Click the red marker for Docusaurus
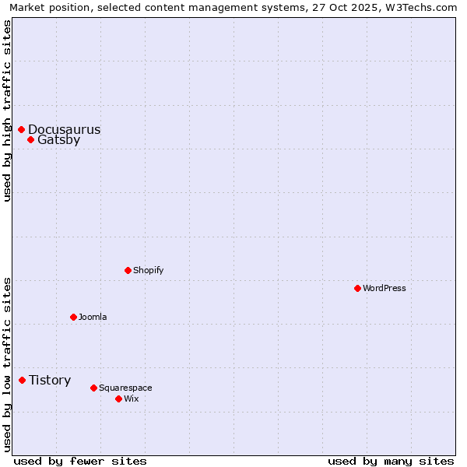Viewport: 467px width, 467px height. click(x=22, y=129)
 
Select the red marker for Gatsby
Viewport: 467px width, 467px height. click(x=31, y=140)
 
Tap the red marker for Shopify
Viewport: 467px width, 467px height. click(x=128, y=270)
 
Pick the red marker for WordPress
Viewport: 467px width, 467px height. click(x=357, y=288)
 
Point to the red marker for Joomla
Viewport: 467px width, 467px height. click(x=73, y=317)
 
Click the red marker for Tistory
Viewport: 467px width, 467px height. click(x=23, y=380)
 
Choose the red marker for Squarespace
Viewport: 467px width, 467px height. click(x=93, y=388)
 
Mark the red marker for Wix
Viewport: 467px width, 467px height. click(x=118, y=399)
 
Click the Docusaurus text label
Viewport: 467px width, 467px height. click(x=64, y=130)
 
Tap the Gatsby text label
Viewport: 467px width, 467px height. click(x=58, y=140)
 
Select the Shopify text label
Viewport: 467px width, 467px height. click(x=148, y=271)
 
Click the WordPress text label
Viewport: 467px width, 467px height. click(x=384, y=289)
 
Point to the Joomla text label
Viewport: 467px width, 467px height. click(x=93, y=318)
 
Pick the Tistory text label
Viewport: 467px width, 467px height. click(x=50, y=381)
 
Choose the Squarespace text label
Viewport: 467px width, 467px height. click(x=125, y=388)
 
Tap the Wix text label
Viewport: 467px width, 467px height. click(x=131, y=399)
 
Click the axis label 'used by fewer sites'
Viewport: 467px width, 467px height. click(x=79, y=462)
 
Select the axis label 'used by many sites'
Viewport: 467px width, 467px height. click(x=391, y=462)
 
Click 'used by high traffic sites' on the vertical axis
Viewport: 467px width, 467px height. click(x=8, y=111)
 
